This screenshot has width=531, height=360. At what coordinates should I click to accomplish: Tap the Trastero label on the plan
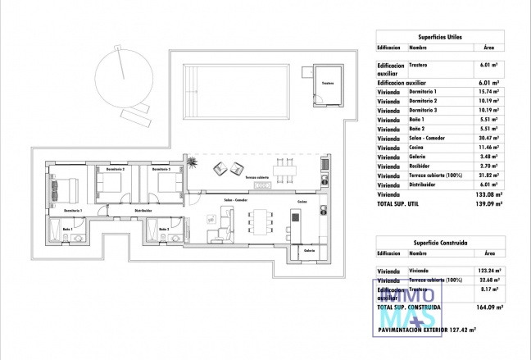[327, 83]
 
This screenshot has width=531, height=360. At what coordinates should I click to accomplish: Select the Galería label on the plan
[309, 249]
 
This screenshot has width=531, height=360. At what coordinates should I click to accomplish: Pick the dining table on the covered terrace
[284, 171]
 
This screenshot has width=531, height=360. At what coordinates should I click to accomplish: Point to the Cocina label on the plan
[302, 201]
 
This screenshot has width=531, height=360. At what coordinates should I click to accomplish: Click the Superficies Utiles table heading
[442, 37]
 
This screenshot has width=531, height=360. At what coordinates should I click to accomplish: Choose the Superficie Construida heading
[442, 244]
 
